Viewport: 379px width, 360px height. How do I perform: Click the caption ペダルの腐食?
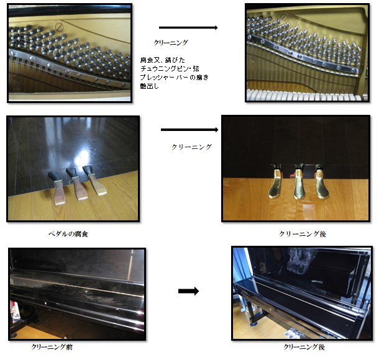pyautogui.click(x=68, y=234)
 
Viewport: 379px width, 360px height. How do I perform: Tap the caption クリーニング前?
pyautogui.click(x=52, y=347)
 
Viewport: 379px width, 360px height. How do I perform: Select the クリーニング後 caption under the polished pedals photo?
pyautogui.click(x=303, y=234)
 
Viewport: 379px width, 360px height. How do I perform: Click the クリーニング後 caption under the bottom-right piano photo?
pyautogui.click(x=304, y=347)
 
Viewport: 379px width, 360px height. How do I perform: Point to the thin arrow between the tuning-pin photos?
pyautogui.click(x=188, y=28)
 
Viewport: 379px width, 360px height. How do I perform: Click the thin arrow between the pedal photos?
pyautogui.click(x=189, y=130)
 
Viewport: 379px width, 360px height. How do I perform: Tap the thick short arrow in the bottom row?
pyautogui.click(x=188, y=291)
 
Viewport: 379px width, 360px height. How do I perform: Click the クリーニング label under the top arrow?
pyautogui.click(x=171, y=43)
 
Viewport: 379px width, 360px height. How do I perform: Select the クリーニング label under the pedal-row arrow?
pyautogui.click(x=192, y=147)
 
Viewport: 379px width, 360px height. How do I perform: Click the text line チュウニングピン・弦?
pyautogui.click(x=170, y=68)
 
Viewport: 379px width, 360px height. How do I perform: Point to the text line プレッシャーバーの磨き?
pyautogui.click(x=174, y=77)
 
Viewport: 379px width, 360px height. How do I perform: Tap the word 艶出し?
pyautogui.click(x=150, y=86)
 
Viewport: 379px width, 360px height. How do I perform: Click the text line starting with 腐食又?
pyautogui.click(x=163, y=60)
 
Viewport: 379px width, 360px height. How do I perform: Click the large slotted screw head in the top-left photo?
pyautogui.click(x=59, y=27)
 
